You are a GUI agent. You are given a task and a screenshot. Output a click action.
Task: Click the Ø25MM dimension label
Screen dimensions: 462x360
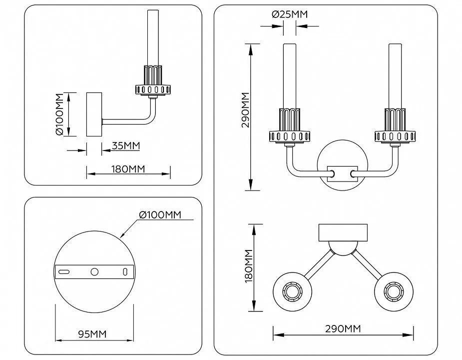tap(290, 14)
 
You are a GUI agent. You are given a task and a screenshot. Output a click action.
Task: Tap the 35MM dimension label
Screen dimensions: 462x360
tap(126, 146)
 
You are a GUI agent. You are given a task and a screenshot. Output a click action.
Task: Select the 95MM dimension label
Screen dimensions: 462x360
tap(92, 334)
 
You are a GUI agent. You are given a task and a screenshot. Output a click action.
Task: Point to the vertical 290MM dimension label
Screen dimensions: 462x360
tap(245, 110)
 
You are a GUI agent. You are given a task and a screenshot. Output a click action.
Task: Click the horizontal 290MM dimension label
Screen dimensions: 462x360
tap(343, 328)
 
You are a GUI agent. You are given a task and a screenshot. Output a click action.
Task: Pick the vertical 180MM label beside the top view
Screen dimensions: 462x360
tap(249, 266)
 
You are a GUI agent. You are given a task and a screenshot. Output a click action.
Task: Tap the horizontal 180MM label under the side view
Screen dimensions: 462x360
tap(128, 169)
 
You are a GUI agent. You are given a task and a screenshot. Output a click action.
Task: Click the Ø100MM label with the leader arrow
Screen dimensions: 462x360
tap(160, 215)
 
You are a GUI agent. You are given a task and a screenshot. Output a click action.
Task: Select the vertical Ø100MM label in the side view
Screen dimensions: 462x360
tap(59, 114)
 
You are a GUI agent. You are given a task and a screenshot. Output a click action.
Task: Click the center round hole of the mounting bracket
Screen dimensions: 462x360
tap(94, 272)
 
